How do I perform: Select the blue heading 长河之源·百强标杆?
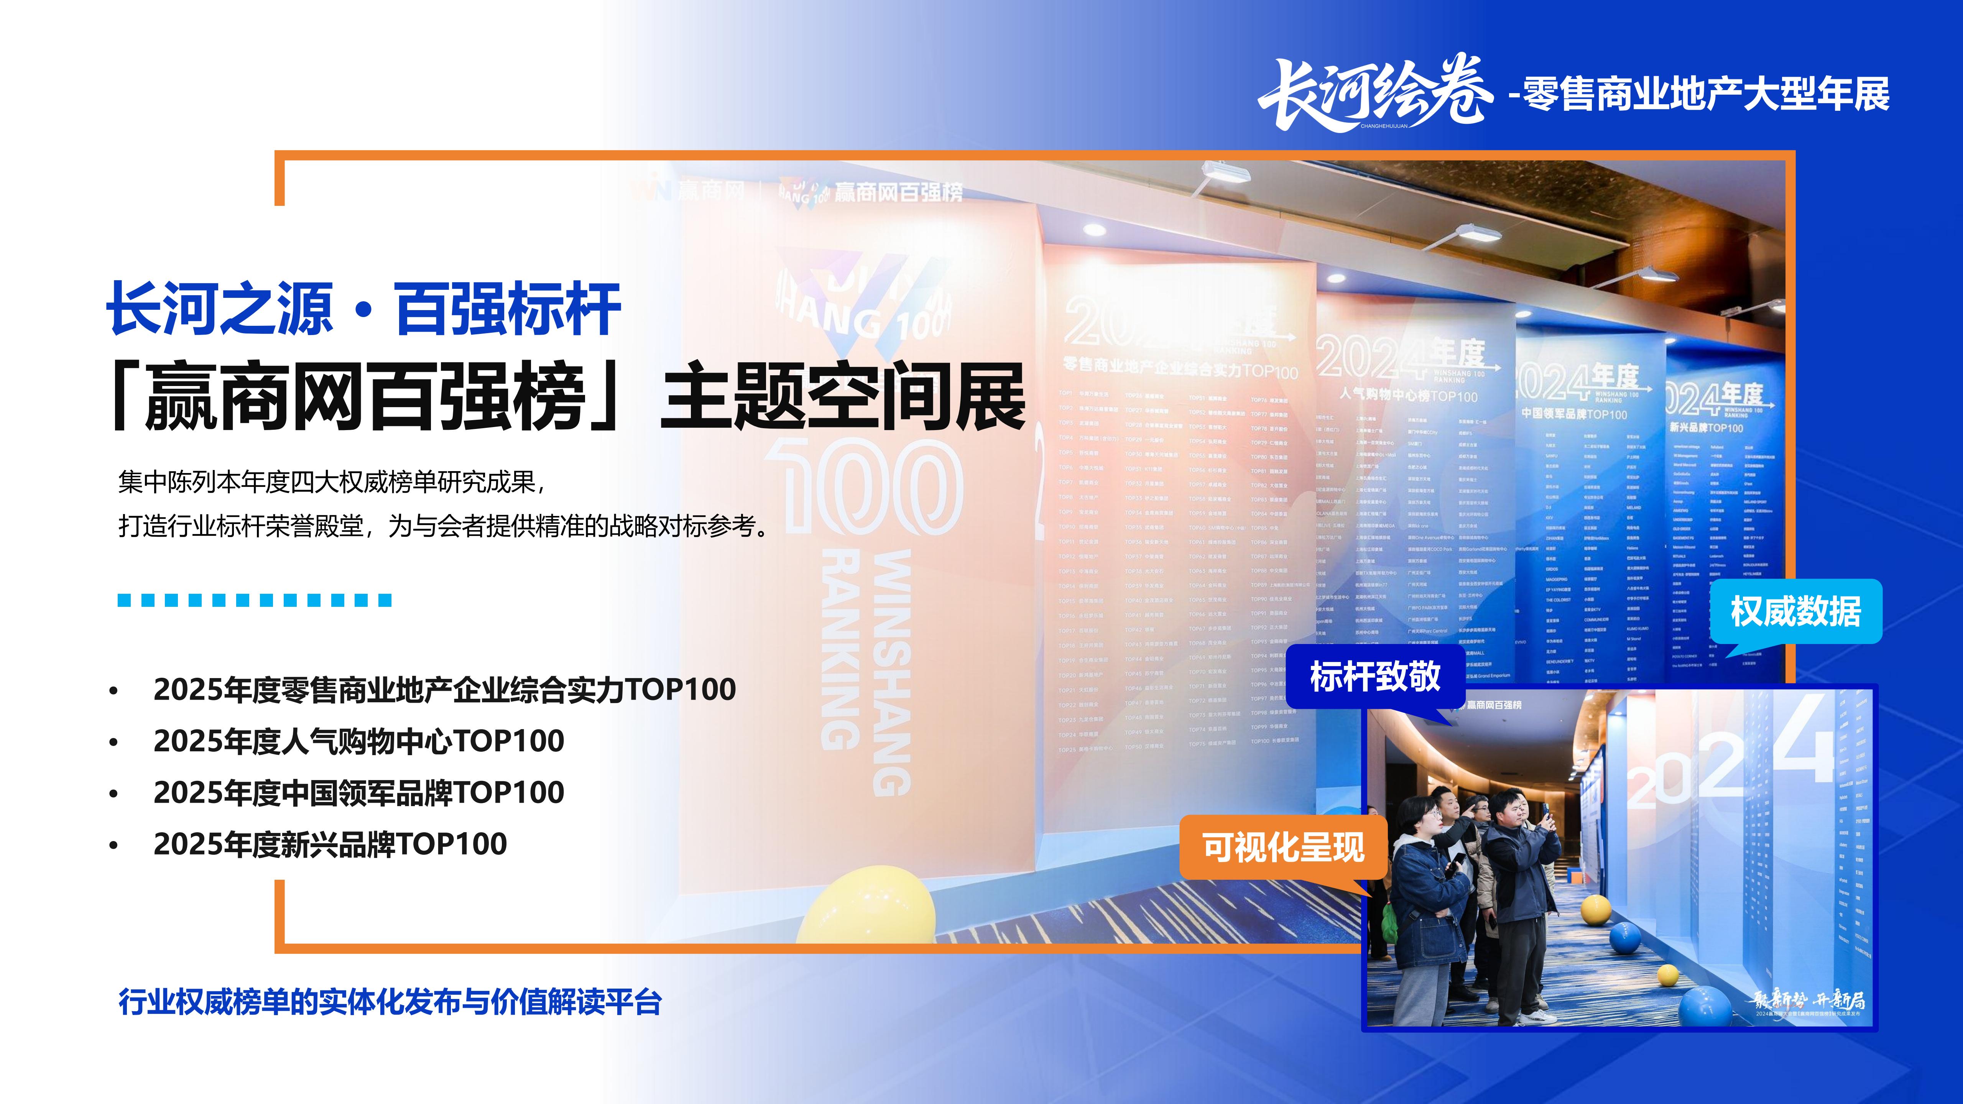tap(363, 309)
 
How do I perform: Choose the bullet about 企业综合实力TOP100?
tap(444, 690)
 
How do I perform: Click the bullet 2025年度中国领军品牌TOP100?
tap(358, 792)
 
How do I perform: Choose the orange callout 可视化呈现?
tap(1282, 847)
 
